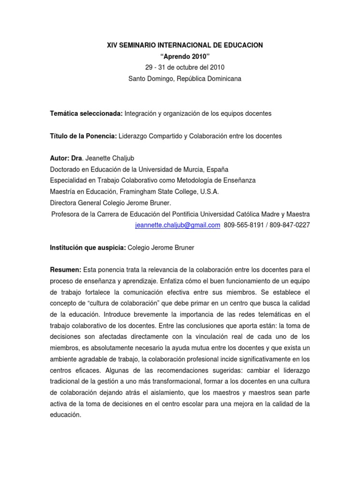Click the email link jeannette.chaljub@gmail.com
[x=177, y=225]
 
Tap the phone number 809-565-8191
[x=242, y=225]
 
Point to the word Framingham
[x=133, y=192]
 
